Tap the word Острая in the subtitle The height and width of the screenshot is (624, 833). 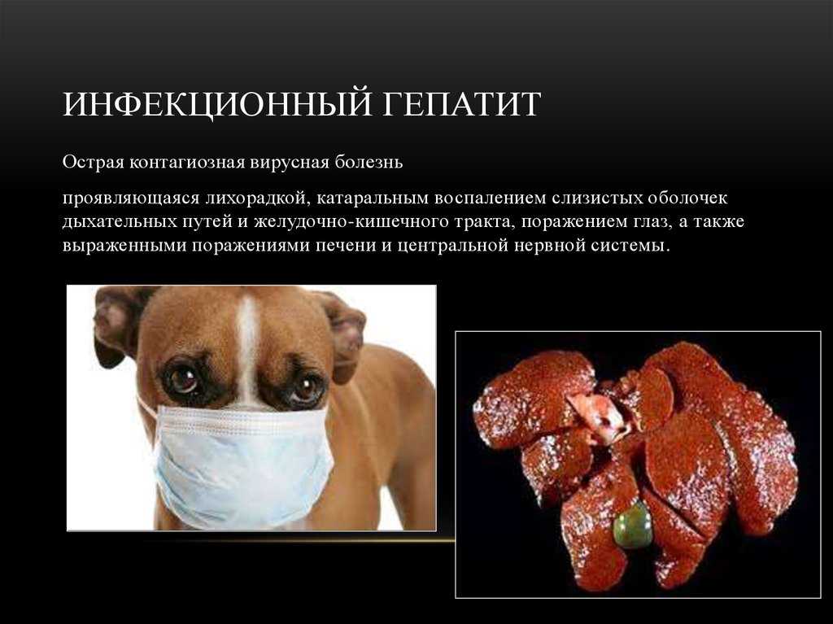tap(90, 162)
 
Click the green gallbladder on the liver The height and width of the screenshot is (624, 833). tap(633, 526)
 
